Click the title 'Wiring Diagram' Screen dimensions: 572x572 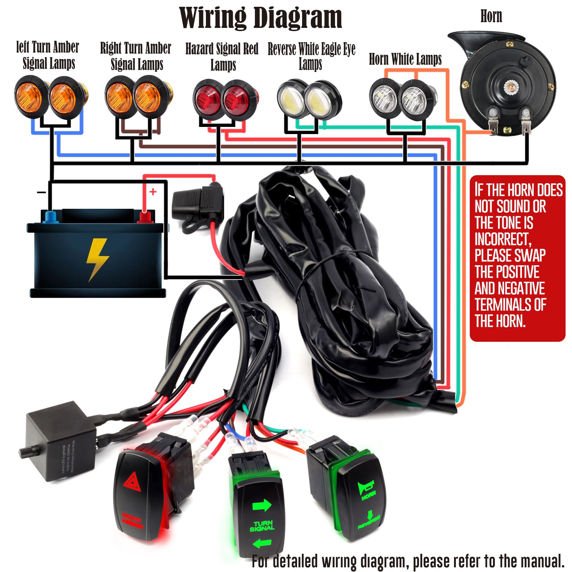click(x=260, y=18)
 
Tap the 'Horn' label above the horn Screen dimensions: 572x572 click(x=491, y=16)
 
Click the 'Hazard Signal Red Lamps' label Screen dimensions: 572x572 click(x=222, y=56)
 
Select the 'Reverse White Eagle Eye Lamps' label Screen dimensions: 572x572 click(x=311, y=56)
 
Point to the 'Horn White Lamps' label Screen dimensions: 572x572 click(x=405, y=59)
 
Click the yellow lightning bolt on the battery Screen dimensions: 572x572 click(x=97, y=258)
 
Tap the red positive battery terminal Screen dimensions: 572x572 click(x=144, y=217)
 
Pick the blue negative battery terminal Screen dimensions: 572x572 click(x=50, y=216)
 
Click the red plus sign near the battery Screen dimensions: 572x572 click(x=153, y=192)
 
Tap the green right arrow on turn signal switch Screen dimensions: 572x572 click(x=262, y=506)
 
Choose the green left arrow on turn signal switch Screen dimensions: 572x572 click(x=262, y=544)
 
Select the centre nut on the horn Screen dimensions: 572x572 click(x=509, y=86)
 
